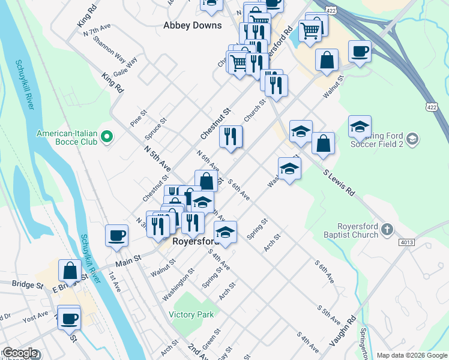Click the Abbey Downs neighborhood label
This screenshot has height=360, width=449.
[192, 26]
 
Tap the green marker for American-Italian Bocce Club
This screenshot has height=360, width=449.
[107, 137]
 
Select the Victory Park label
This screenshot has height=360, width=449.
[191, 315]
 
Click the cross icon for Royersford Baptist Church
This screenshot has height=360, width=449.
[388, 229]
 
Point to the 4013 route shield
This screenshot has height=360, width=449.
[405, 242]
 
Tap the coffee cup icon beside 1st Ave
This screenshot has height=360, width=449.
[116, 235]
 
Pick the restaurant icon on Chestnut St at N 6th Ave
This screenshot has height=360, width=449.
[231, 137]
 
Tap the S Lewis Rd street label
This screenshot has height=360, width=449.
[339, 184]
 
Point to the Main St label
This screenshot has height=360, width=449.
[128, 259]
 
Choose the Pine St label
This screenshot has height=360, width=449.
[139, 113]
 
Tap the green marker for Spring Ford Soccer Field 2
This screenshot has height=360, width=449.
[412, 139]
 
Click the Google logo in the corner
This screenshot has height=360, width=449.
[20, 353]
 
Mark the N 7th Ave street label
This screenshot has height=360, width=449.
[97, 31]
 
